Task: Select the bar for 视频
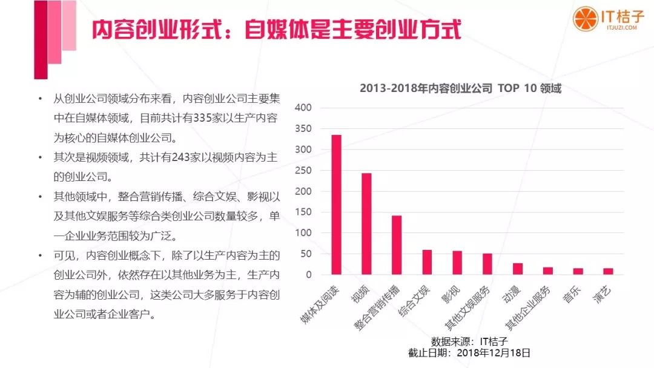366,224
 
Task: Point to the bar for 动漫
518,269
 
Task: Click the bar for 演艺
608,271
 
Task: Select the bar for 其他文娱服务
487,264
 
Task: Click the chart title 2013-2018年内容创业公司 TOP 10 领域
460,88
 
